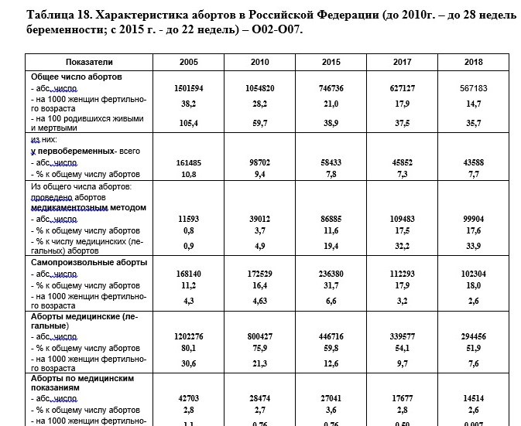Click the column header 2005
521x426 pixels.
coord(189,61)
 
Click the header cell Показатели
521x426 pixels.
coord(89,61)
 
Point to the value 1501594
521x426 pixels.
coord(189,89)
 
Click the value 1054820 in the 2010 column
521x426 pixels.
coord(262,89)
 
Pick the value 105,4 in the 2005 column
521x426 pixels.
coord(189,122)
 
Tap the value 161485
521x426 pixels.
coord(189,163)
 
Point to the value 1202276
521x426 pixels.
coord(189,338)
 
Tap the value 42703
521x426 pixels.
coord(189,397)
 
